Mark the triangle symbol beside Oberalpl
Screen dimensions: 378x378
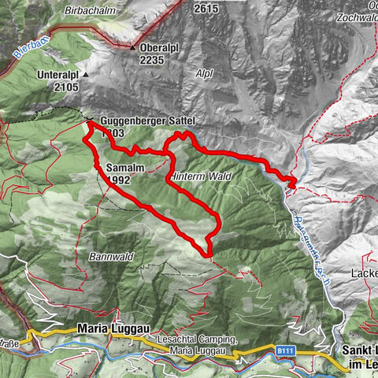click(132, 47)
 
